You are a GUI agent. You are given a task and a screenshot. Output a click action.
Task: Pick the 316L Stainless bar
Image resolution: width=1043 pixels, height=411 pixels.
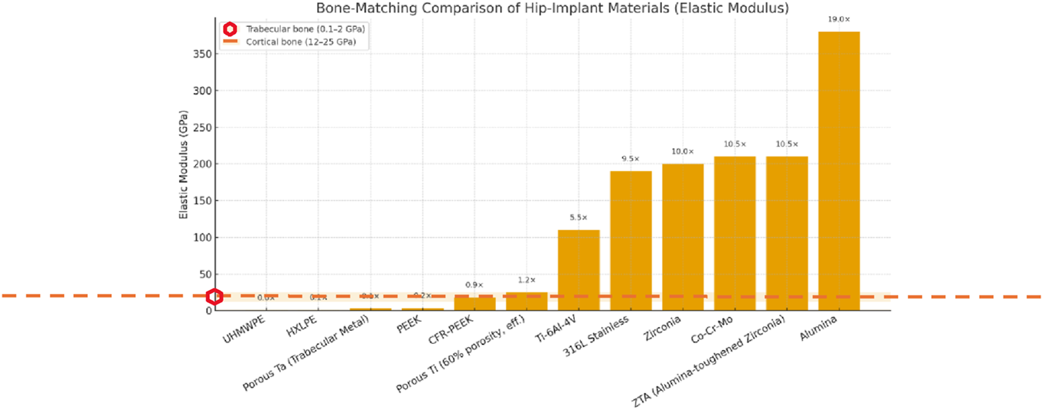[x=630, y=240]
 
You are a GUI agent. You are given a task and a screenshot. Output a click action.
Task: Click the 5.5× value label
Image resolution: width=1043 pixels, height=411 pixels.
[x=579, y=217]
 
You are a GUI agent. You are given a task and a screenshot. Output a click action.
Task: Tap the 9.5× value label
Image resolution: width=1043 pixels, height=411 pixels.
[x=630, y=159]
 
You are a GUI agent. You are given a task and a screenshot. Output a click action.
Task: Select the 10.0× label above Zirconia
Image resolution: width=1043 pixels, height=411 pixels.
[x=683, y=151]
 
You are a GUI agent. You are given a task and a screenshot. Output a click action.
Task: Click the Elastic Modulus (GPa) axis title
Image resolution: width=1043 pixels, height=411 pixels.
[x=184, y=173]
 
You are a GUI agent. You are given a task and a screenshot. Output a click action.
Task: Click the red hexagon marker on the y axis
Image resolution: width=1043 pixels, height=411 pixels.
[x=215, y=297]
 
